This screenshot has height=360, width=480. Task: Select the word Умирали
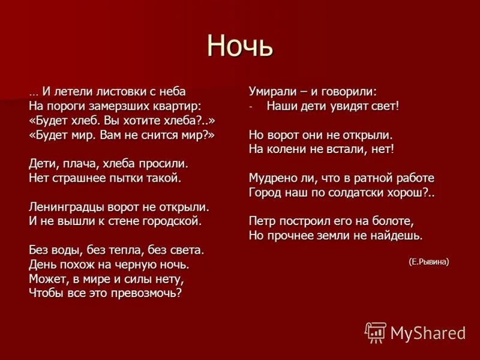(x=272, y=91)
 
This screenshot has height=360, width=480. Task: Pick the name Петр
(x=262, y=221)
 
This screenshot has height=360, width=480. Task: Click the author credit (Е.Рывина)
(x=428, y=262)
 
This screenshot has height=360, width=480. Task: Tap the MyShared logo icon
(x=376, y=332)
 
